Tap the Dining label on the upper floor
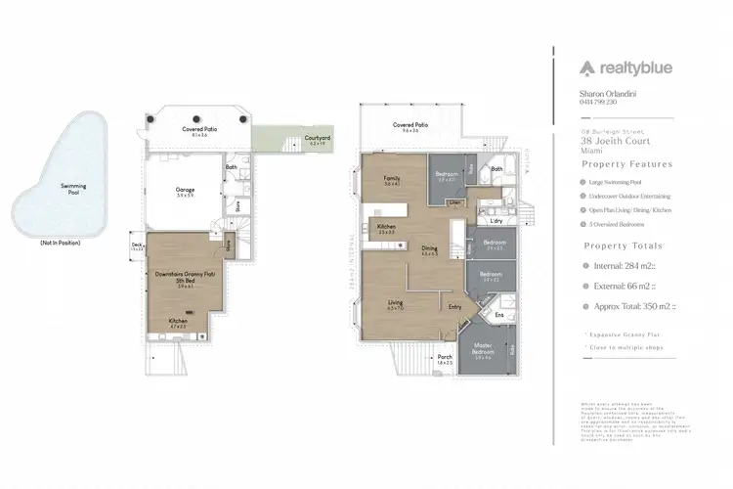pyautogui.click(x=429, y=248)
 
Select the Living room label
pyautogui.click(x=395, y=303)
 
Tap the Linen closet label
pyautogui.click(x=455, y=202)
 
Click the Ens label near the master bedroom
pyautogui.click(x=499, y=315)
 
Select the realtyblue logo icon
pyautogui.click(x=587, y=67)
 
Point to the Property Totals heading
pyautogui.click(x=623, y=246)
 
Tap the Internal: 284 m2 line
pyautogui.click(x=629, y=265)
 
